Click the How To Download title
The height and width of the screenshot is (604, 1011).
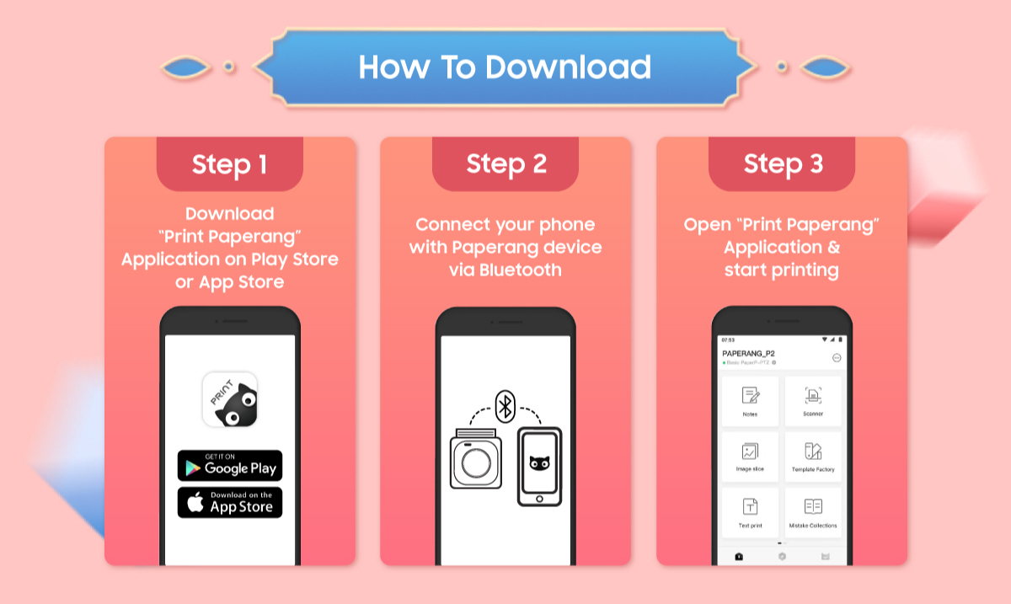click(505, 67)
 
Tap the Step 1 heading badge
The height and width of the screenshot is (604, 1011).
click(229, 164)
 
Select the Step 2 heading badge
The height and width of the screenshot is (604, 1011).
click(505, 164)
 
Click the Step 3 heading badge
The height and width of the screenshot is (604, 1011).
click(783, 164)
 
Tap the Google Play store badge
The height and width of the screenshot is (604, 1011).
click(229, 466)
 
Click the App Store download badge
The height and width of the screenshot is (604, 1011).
click(229, 503)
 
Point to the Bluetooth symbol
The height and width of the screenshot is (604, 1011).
click(505, 405)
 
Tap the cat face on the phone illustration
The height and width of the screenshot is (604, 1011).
click(538, 462)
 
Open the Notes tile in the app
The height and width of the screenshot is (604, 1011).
click(750, 401)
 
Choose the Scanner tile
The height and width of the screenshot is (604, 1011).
click(813, 401)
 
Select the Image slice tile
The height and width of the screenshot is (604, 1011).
click(750, 457)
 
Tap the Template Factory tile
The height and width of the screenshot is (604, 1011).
click(813, 457)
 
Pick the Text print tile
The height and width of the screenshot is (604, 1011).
click(750, 512)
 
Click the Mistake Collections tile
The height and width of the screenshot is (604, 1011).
click(813, 512)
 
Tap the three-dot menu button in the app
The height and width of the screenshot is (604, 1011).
click(837, 357)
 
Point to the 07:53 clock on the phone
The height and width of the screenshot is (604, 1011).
click(728, 339)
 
